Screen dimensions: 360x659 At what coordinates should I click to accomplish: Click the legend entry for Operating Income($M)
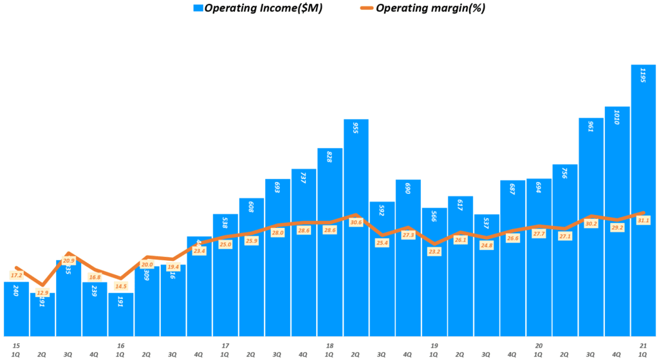point(257,8)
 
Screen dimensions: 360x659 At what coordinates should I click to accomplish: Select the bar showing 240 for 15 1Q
point(16,308)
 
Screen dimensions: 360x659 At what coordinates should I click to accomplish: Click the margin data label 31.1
point(643,220)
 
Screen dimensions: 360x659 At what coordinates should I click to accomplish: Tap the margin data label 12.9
point(42,292)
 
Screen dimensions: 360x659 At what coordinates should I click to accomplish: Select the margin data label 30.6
point(356,222)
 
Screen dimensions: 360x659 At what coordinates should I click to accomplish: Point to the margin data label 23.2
point(434,252)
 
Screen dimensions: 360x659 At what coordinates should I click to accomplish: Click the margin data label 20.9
point(68,261)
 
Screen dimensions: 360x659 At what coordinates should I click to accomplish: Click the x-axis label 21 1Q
point(643,350)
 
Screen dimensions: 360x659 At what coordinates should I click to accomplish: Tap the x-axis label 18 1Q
point(329,350)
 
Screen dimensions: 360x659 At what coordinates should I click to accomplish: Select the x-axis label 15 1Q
point(15,350)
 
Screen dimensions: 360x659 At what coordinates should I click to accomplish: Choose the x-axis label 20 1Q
point(539,350)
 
